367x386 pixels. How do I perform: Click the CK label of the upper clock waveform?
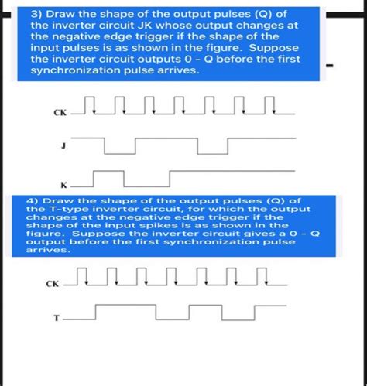pyautogui.click(x=60, y=113)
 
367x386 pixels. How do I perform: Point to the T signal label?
pyautogui.click(x=56, y=318)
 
